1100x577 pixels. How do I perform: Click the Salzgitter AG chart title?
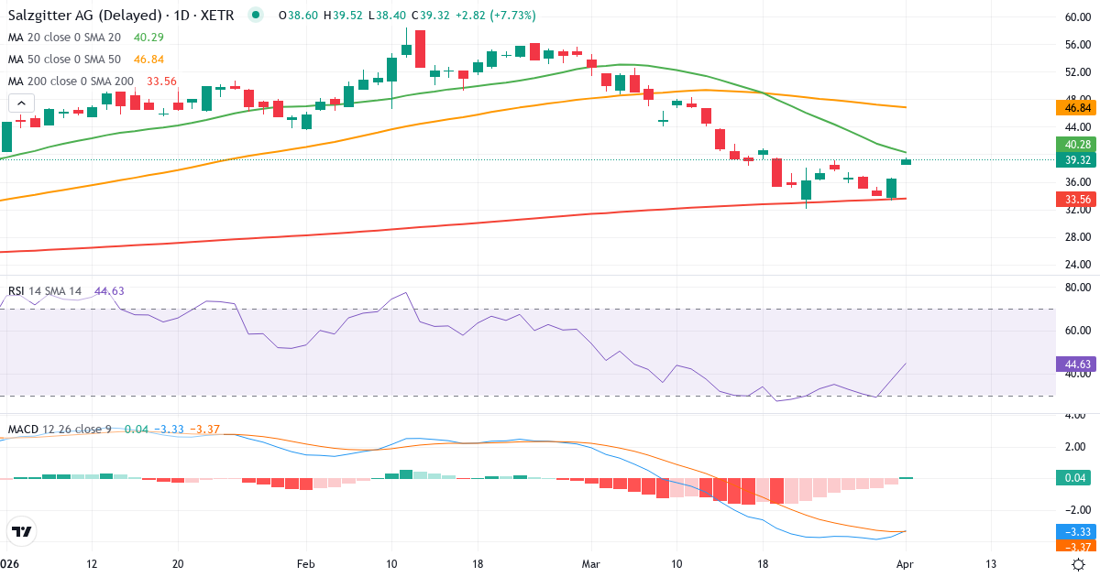120,16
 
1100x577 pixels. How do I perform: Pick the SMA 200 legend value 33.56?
161,82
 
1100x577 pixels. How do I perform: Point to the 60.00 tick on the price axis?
1077,17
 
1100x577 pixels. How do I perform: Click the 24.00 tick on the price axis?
1077,266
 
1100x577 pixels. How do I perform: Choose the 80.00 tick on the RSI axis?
1077,288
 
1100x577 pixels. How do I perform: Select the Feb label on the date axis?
306,564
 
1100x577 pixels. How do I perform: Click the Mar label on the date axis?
592,564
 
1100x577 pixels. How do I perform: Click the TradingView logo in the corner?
21,531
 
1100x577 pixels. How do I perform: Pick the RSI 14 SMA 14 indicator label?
45,291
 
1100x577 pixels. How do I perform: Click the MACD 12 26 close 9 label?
60,430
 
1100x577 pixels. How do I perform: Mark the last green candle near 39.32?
907,162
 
